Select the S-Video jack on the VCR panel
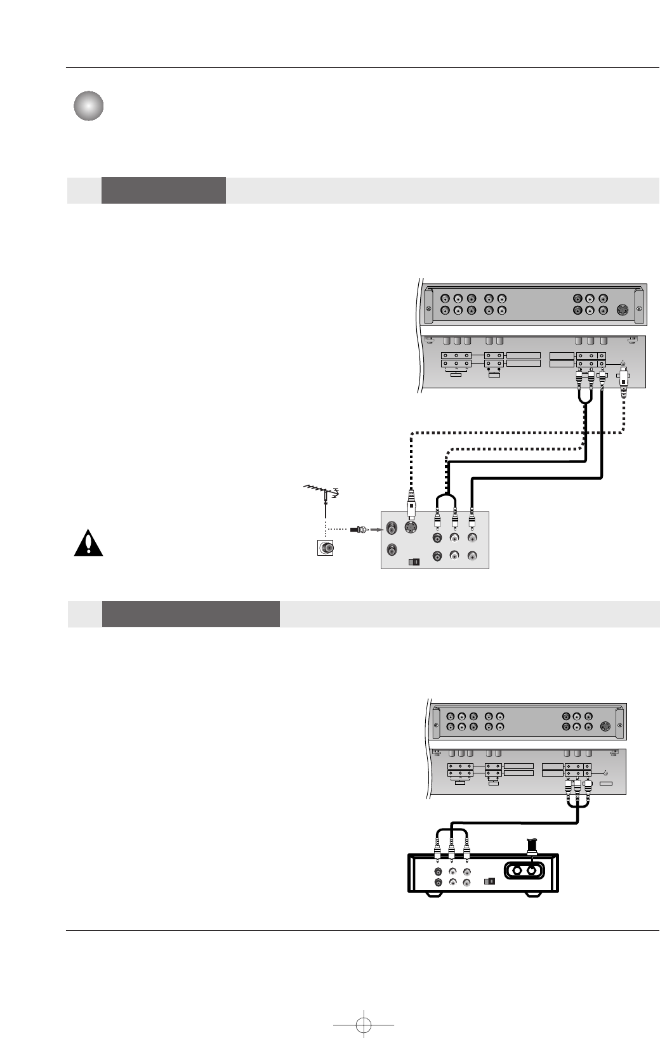click(411, 527)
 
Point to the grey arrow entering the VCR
click(375, 528)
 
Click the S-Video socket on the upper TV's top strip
click(623, 310)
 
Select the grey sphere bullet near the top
click(88, 107)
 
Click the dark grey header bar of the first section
click(163, 190)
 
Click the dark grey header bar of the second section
click(190, 614)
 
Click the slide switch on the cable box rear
click(489, 881)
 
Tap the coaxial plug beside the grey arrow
click(361, 528)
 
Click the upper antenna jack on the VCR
click(392, 528)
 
